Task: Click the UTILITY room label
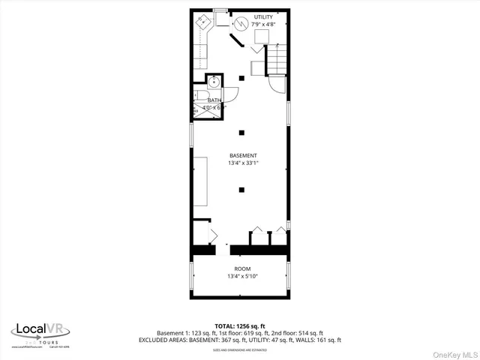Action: coord(263,16)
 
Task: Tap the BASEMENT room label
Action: coord(241,155)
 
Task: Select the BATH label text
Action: coord(214,100)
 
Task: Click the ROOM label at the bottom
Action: coord(241,268)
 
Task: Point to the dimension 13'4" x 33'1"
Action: coord(241,163)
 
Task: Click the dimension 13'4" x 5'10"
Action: coord(241,277)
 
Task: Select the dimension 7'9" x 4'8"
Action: coord(263,24)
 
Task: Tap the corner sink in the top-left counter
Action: coord(203,22)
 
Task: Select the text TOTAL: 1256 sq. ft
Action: coord(240,326)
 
